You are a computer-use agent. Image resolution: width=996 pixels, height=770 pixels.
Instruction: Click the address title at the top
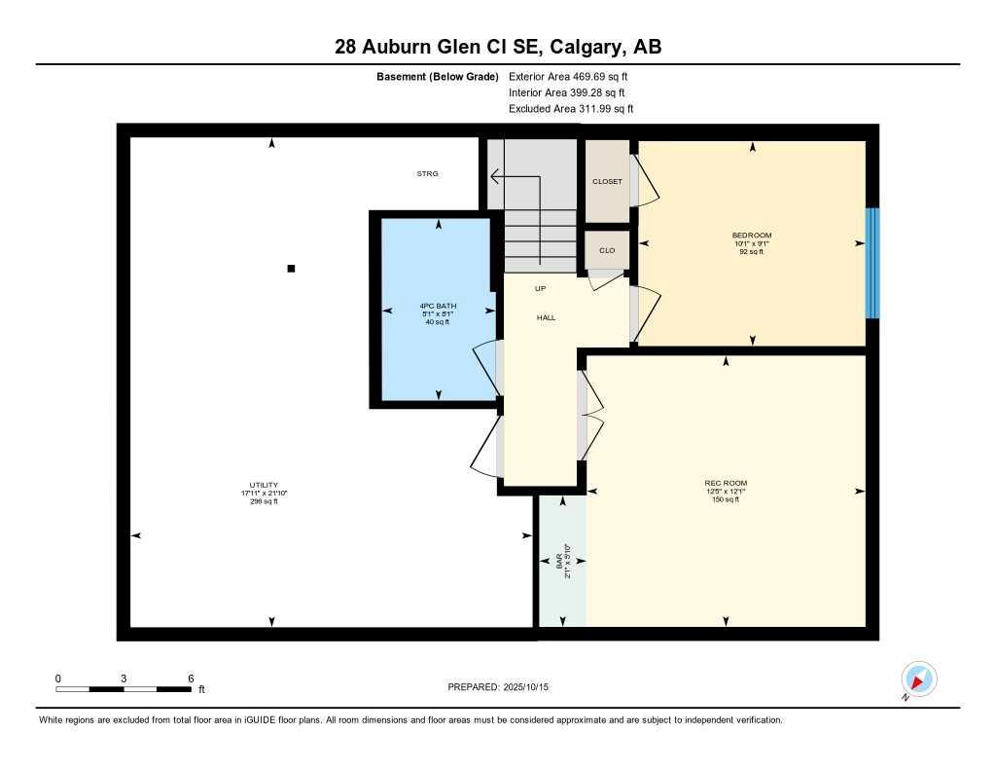click(498, 47)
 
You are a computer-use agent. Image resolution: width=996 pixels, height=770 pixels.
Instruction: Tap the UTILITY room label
click(264, 486)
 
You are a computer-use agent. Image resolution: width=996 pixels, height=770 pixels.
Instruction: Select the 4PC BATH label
click(438, 307)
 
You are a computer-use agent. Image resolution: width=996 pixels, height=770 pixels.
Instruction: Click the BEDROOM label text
click(752, 236)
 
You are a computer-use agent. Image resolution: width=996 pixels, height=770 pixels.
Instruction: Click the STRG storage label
click(427, 173)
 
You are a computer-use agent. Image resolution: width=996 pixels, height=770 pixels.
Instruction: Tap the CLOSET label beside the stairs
click(607, 182)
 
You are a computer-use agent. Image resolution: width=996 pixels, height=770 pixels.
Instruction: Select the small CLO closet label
click(607, 251)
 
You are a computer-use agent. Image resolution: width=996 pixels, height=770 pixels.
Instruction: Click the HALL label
click(546, 317)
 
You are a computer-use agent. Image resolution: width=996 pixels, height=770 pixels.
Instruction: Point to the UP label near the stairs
click(540, 288)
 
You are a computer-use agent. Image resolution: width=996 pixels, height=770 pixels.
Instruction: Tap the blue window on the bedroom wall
click(872, 263)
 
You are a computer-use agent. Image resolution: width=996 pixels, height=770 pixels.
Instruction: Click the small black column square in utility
click(291, 269)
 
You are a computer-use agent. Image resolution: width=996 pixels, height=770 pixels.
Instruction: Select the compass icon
click(918, 678)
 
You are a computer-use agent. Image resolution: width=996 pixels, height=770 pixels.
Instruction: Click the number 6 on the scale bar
click(191, 678)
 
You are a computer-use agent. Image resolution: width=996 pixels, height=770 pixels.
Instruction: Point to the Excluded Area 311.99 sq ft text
click(571, 109)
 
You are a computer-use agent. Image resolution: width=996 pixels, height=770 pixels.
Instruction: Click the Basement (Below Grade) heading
click(437, 76)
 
